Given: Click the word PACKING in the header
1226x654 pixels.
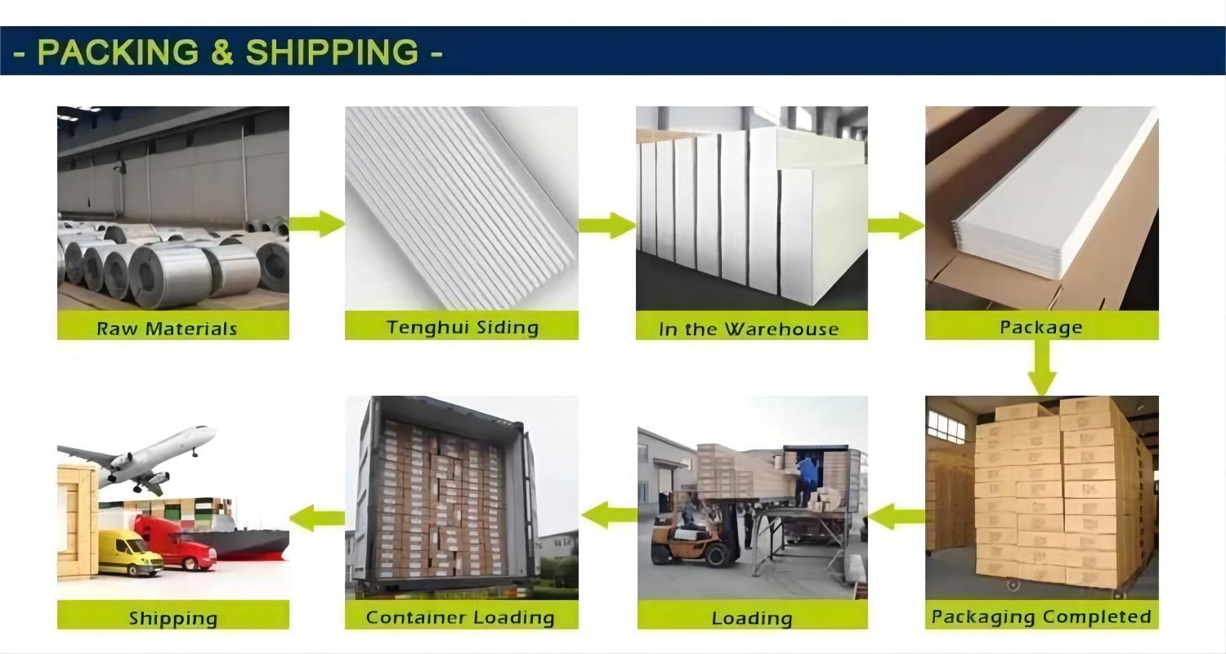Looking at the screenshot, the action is coord(118,52).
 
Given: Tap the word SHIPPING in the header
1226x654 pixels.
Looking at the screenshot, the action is coord(332,52).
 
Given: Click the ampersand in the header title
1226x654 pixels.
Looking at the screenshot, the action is coord(222,52).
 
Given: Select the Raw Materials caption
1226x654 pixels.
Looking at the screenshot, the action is coord(167,329).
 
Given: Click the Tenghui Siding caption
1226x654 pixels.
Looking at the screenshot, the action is coord(463,327).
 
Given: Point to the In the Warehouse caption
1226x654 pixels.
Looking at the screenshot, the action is coord(749,329).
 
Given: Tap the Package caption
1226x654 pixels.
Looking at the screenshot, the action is coord(1041,327).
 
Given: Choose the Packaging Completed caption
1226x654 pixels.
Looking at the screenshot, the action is coord(1041,616).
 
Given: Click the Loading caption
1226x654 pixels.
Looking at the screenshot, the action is coord(752,618).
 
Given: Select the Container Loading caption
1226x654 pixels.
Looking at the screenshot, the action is coord(460,617).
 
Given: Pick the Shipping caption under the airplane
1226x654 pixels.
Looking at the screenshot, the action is coord(173,618).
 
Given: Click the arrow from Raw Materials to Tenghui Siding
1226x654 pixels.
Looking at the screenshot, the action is coord(317,223).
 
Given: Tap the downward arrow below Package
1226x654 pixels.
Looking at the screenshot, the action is coord(1041,367).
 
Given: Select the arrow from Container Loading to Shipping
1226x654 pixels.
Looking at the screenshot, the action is coord(317,517).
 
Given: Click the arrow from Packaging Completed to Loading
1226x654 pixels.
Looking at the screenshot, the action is coord(897,516).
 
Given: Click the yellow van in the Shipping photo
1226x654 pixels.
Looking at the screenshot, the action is coord(131,552).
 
